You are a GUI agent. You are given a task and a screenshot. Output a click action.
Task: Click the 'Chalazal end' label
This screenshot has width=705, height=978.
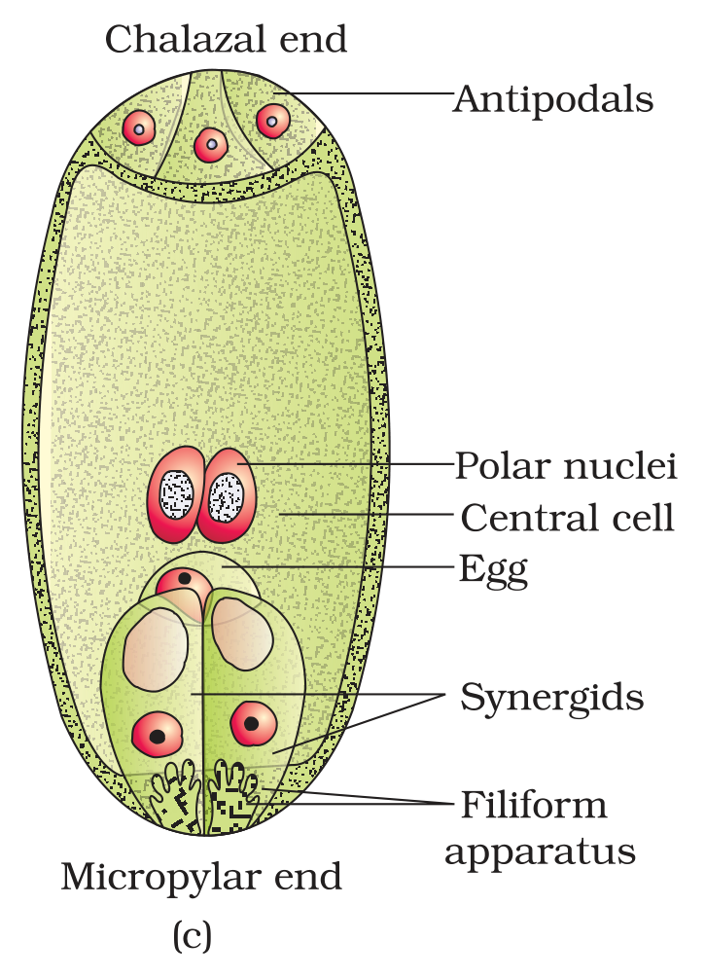tap(226, 39)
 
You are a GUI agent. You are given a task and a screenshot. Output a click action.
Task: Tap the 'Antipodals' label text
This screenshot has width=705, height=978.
tap(553, 100)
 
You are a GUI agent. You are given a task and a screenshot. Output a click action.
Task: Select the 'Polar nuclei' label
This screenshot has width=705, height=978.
tap(566, 466)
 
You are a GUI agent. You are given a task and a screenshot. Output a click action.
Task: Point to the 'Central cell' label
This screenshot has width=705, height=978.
tap(567, 518)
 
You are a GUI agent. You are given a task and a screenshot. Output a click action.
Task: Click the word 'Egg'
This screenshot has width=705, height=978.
tap(494, 570)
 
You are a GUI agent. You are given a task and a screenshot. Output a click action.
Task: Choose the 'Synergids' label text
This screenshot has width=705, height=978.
tap(552, 698)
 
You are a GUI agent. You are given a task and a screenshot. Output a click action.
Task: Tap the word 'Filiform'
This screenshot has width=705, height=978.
tap(534, 805)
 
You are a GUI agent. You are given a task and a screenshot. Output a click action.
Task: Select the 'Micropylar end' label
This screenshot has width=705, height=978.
tap(201, 877)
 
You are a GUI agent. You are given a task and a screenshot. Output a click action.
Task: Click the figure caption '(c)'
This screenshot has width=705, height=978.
tap(192, 935)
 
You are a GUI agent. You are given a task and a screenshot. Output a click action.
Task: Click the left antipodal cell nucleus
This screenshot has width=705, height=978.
tap(138, 127)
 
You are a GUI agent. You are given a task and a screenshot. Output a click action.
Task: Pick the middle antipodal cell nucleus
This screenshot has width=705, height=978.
tap(211, 145)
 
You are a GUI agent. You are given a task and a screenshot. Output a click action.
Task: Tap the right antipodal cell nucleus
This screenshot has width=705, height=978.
tap(273, 121)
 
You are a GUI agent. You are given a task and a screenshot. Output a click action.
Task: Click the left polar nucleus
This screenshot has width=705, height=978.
tap(176, 494)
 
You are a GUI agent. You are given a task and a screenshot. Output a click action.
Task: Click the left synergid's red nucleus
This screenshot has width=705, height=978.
tap(157, 735)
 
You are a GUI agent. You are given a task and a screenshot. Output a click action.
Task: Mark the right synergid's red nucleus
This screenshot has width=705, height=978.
tap(253, 723)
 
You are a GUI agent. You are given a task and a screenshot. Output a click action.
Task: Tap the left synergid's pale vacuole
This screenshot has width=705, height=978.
tap(156, 650)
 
